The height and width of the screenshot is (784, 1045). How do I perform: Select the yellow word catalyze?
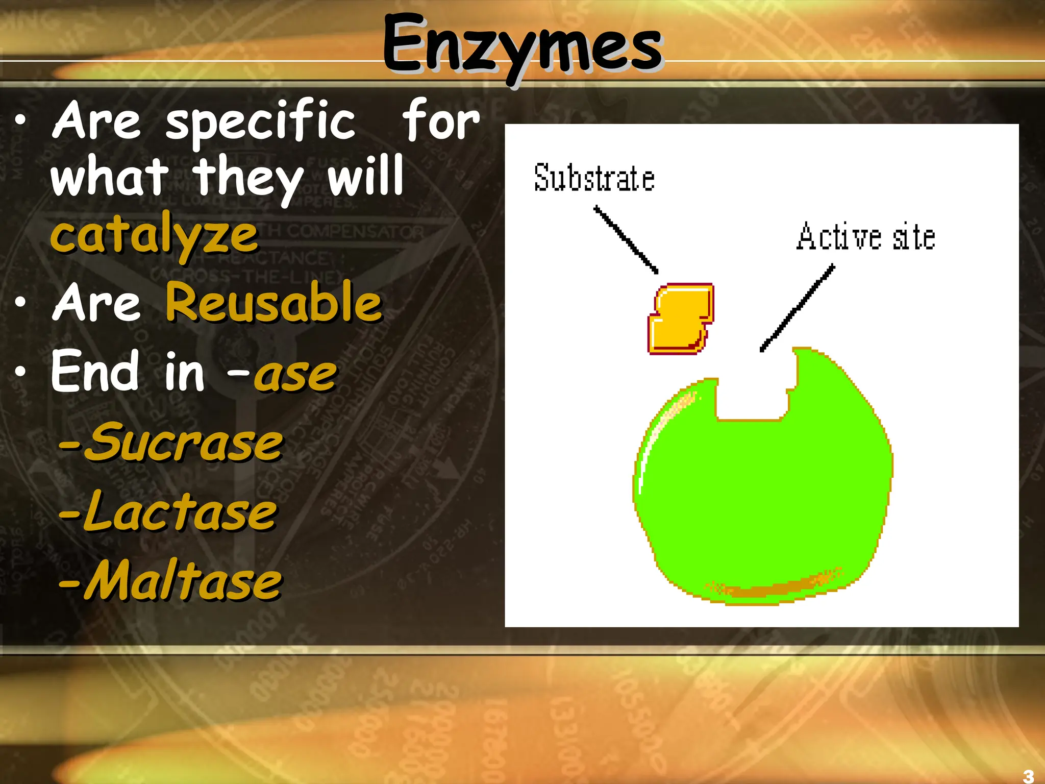[x=154, y=236]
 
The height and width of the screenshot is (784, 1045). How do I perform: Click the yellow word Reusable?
[x=274, y=303]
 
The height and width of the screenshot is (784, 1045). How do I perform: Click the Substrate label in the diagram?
[x=594, y=178]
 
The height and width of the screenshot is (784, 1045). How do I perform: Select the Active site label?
[x=866, y=237]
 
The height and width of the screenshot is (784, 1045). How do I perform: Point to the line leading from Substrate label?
[x=626, y=239]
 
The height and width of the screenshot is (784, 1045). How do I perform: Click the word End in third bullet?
[x=95, y=371]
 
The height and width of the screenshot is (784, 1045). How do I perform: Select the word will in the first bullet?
[x=365, y=176]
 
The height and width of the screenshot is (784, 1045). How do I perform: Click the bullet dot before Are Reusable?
[x=20, y=302]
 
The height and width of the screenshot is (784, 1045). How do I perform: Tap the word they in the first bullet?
[x=247, y=178]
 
